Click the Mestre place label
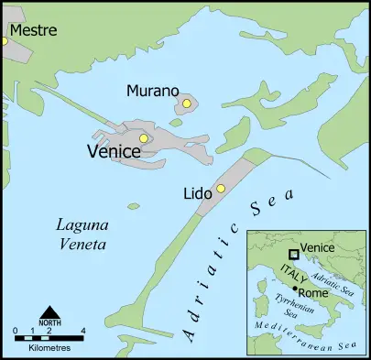tap(34, 30)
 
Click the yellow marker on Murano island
tap(186, 104)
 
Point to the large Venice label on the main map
tap(113, 151)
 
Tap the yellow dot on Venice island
tap(144, 138)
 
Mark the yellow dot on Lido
tap(220, 189)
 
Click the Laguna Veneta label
tap(82, 235)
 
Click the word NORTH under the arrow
tap(50, 322)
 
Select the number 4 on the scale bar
tap(83, 330)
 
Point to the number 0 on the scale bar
tap(16, 330)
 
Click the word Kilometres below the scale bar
tap(49, 349)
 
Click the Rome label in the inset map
tap(315, 293)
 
